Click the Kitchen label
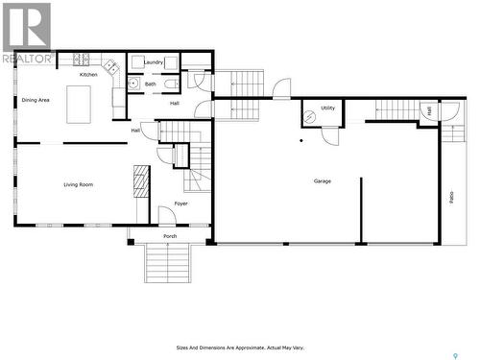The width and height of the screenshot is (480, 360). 88,74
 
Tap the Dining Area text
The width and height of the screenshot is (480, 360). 36,99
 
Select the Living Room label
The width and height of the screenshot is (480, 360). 78,184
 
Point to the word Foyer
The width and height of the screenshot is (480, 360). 180,204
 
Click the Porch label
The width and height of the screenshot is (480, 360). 170,235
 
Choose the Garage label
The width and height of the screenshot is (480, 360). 323,180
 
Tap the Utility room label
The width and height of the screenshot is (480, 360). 327,108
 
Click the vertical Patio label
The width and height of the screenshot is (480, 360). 451,197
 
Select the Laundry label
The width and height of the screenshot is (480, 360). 153,62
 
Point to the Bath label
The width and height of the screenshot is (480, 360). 151,84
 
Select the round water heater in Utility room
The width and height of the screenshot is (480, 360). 310,117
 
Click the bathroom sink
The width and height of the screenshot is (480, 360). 134,84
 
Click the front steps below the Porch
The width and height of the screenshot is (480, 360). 169,263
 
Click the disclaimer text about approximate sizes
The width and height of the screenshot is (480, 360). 240,348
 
